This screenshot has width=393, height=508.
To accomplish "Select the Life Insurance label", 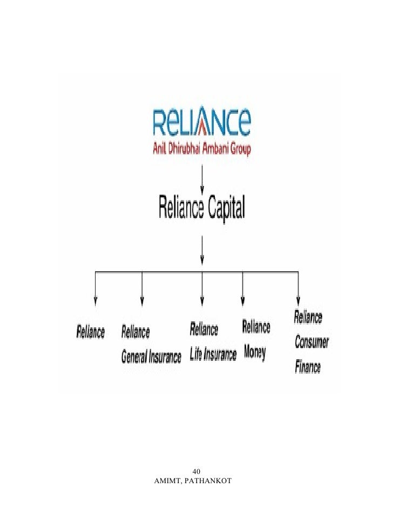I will click(x=213, y=355).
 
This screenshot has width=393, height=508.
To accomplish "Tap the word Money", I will click(x=254, y=353).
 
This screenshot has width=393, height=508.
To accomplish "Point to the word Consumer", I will click(x=312, y=342).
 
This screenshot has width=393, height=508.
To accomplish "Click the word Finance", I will click(x=308, y=368).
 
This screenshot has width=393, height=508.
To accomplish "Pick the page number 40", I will click(x=196, y=470).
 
